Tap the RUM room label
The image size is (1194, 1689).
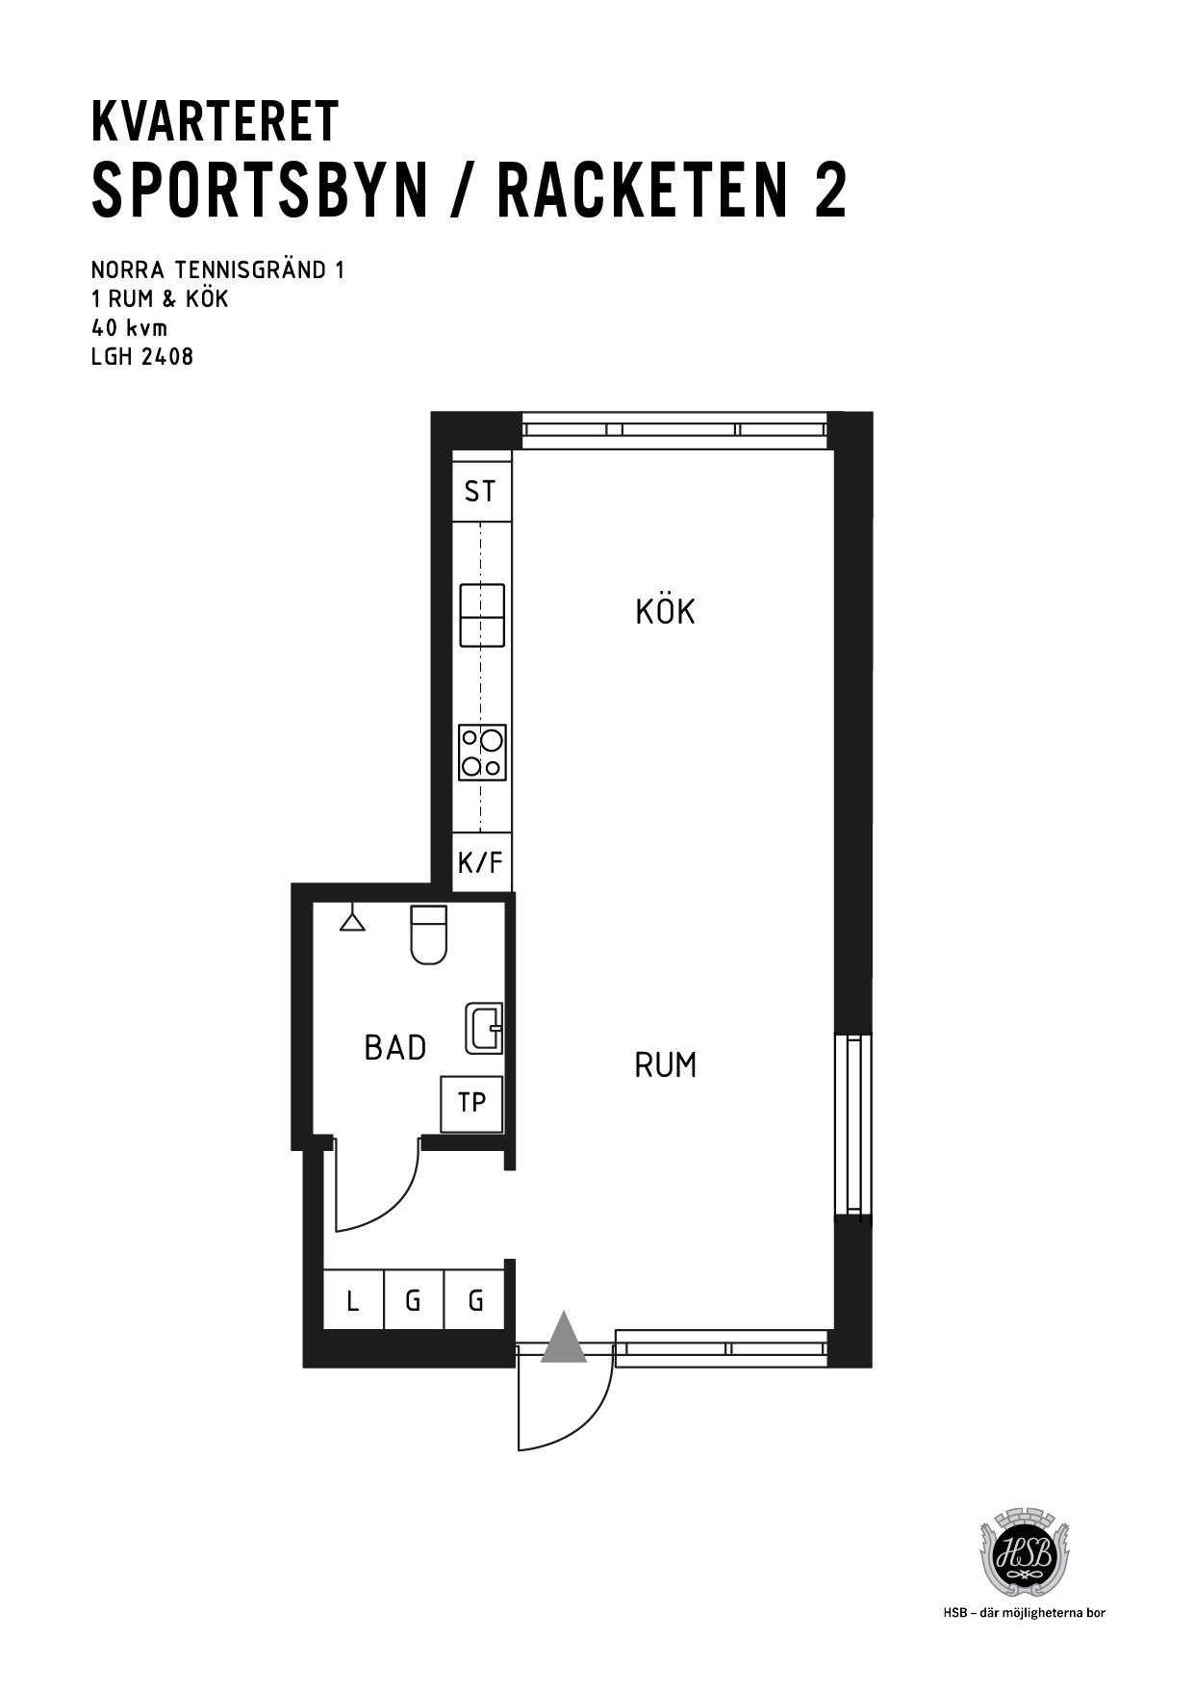click(x=666, y=1065)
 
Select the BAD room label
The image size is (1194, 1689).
click(x=395, y=1047)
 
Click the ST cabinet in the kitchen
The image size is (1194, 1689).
click(x=481, y=492)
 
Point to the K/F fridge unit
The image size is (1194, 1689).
click(x=481, y=862)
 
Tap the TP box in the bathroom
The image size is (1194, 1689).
click(x=471, y=1103)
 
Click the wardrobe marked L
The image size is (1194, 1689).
click(x=353, y=1301)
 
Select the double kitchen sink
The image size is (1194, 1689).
click(x=483, y=615)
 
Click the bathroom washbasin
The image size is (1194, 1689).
click(x=484, y=1028)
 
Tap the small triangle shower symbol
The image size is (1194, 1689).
click(x=353, y=921)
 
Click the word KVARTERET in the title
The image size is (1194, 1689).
click(x=215, y=121)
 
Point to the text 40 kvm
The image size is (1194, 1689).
click(x=129, y=327)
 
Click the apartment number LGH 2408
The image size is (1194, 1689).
click(x=142, y=356)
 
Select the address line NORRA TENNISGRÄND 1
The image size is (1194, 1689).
click(x=217, y=269)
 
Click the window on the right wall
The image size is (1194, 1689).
click(x=852, y=1125)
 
